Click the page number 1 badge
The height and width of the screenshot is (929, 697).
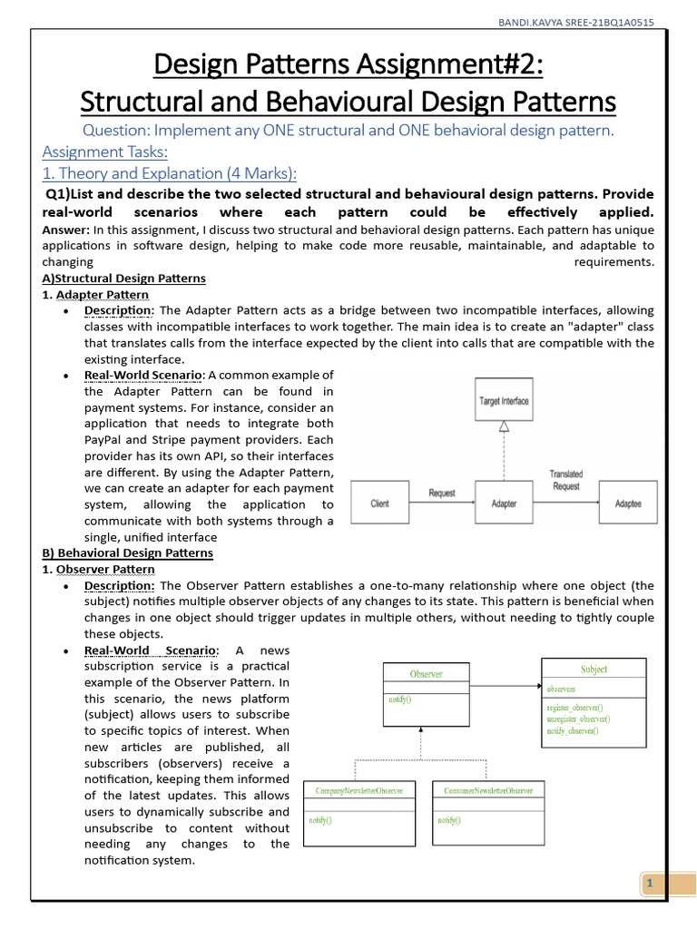coord(649,884)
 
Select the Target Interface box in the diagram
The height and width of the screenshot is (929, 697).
coord(504,400)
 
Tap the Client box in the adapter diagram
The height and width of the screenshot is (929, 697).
coord(380,504)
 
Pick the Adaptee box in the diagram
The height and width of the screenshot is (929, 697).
coord(628,504)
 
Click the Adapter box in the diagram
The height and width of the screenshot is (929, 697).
coord(504,504)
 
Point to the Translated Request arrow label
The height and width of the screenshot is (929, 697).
coord(566,480)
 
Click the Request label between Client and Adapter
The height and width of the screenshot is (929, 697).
coord(442,493)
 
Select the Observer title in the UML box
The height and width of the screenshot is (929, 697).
coord(427,674)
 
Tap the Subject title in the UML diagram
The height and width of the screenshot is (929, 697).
coord(594,670)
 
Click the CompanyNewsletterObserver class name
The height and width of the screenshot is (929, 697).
coord(359,791)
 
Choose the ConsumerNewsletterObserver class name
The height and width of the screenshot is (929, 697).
coord(489,791)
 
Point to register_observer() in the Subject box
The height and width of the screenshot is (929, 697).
coord(574,707)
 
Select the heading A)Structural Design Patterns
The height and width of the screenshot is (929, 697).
coord(124,279)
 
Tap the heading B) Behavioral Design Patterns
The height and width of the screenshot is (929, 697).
coord(128,553)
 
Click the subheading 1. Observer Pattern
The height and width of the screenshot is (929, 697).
coord(99,569)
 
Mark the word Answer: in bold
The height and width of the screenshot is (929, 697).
coord(66,230)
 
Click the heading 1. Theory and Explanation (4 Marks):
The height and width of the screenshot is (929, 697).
coord(170,173)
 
